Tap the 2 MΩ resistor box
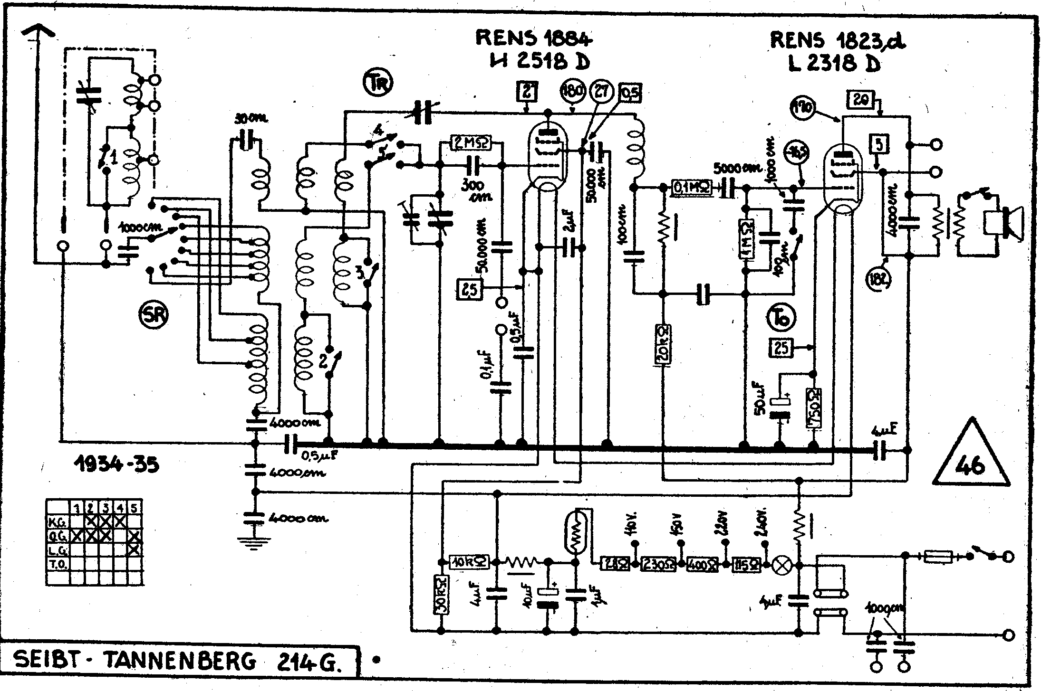[471, 142]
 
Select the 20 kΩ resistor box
[663, 345]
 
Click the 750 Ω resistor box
[813, 408]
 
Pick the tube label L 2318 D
[834, 63]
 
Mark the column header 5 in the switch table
[135, 508]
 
